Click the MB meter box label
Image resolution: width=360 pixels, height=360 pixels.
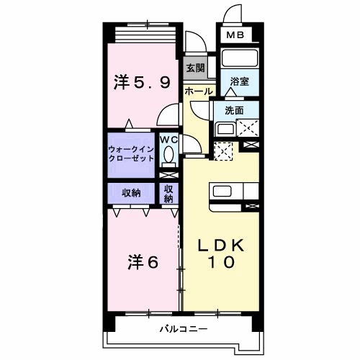click(x=235, y=35)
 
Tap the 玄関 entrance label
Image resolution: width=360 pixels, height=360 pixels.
click(x=196, y=68)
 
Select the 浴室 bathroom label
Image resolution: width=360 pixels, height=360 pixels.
click(x=240, y=81)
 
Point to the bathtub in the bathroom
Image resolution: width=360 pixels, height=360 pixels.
click(x=240, y=58)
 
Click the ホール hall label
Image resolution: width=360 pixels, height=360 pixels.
click(x=199, y=91)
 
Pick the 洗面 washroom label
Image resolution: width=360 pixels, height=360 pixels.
click(x=234, y=110)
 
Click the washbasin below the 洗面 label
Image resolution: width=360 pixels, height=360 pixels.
click(x=226, y=129)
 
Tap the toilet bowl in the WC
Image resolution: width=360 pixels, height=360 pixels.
click(x=169, y=154)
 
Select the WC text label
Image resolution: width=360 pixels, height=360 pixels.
click(x=169, y=140)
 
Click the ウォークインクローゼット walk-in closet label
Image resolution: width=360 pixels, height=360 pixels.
click(x=131, y=154)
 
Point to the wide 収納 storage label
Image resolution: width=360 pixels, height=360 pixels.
click(x=131, y=193)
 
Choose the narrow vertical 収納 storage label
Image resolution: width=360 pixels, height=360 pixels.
click(x=168, y=194)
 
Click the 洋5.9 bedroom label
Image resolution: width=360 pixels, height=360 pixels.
click(x=142, y=82)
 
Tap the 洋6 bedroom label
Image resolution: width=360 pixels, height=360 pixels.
click(x=143, y=262)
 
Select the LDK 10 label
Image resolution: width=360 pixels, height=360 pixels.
click(x=221, y=253)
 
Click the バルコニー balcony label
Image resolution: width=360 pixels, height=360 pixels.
click(x=184, y=328)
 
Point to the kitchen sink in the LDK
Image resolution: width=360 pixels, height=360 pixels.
click(x=222, y=192)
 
